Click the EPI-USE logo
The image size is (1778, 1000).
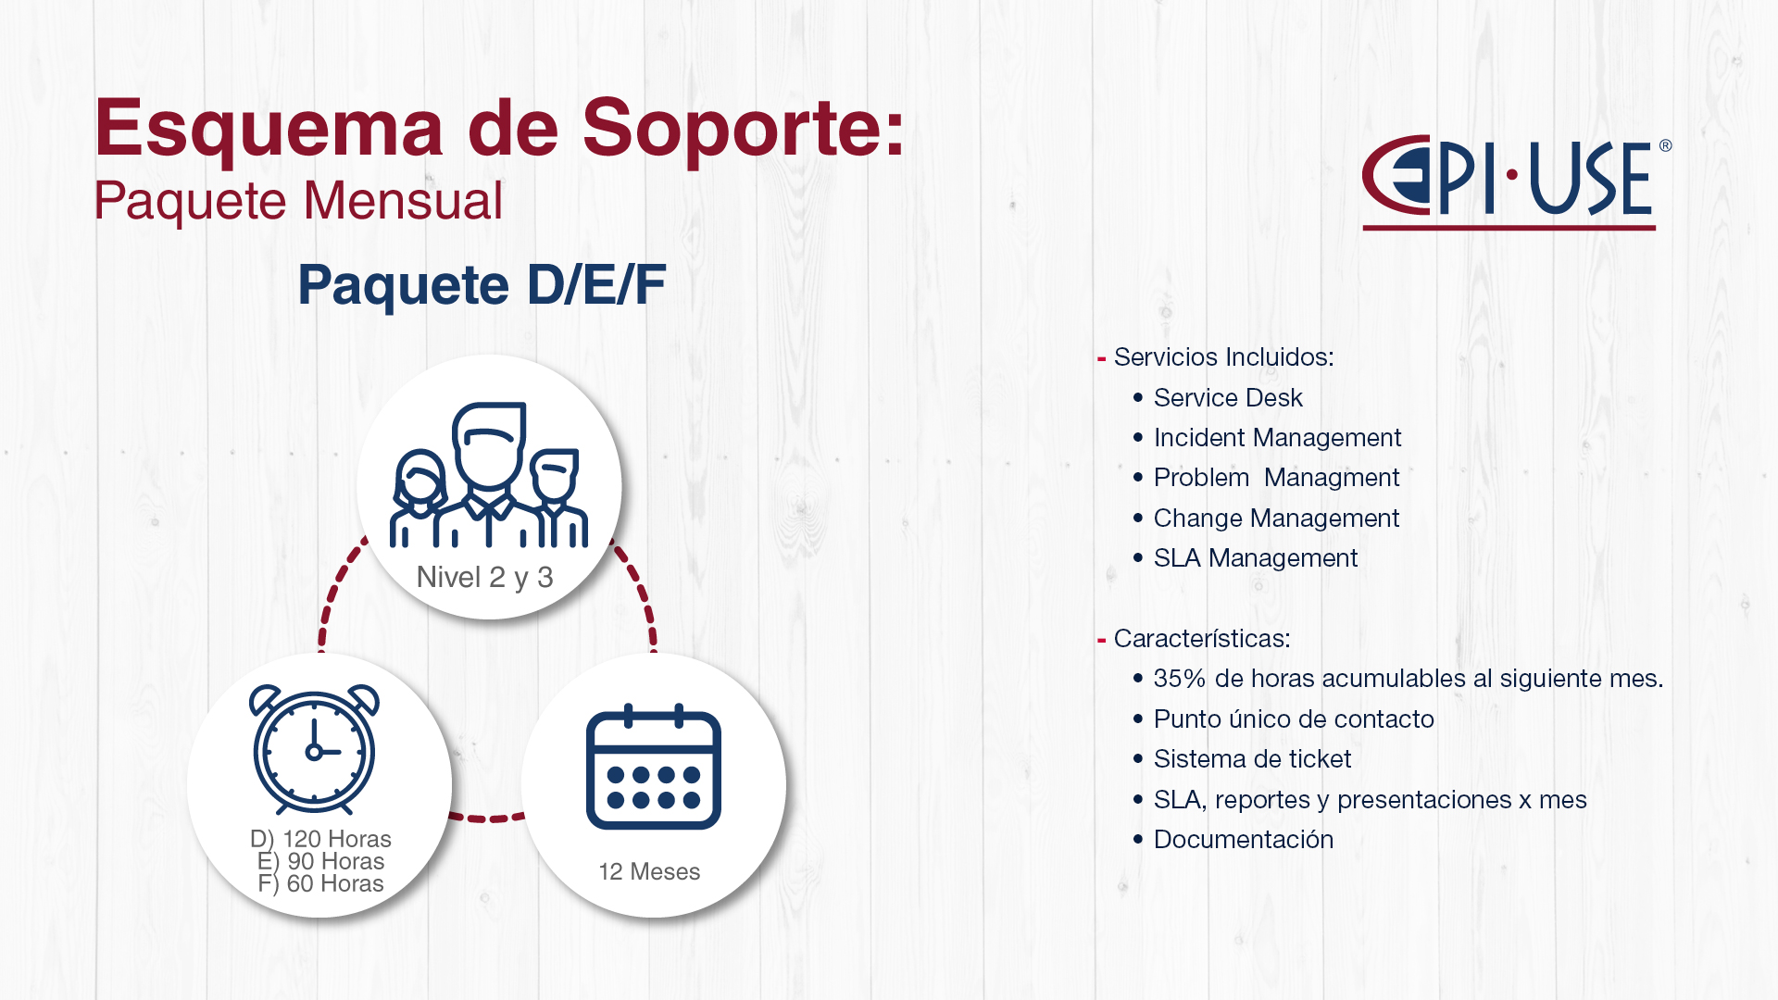pos(1516,182)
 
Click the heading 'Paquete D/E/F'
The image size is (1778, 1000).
pos(482,284)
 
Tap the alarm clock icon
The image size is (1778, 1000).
pos(314,748)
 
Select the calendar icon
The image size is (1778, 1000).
pos(654,767)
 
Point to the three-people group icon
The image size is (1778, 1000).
pos(489,474)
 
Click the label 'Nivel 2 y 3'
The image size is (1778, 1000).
pos(484,578)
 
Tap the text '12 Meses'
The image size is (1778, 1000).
pos(649,871)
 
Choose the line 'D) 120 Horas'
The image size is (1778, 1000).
pos(320,839)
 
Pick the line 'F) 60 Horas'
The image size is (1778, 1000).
pos(320,883)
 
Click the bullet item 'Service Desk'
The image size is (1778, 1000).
pos(1228,398)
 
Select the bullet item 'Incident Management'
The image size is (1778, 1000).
pos(1277,438)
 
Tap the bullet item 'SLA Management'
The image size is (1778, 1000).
pos(1256,558)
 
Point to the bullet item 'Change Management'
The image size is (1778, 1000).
pos(1276,519)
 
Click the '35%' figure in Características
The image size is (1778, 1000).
pos(1180,679)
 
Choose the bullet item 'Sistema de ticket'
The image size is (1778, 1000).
pos(1252,759)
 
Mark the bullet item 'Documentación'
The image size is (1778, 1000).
pos(1244,840)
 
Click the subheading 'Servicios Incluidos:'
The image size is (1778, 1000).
pos(1223,357)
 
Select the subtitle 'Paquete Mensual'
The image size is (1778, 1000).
pos(298,201)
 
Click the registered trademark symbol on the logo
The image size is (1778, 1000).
pos(1665,145)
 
